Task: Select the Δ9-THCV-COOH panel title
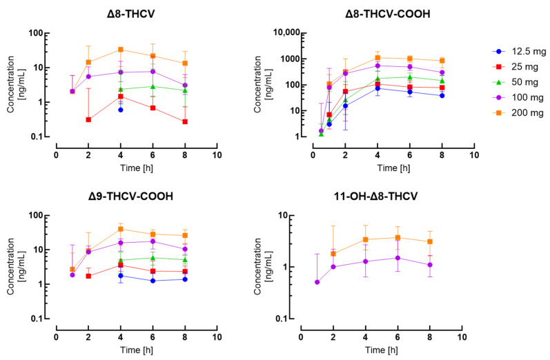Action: click(x=135, y=197)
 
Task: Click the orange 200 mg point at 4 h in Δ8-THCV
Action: click(x=121, y=50)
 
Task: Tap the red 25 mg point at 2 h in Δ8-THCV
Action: click(x=88, y=119)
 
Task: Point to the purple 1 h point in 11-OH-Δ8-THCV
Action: click(x=317, y=282)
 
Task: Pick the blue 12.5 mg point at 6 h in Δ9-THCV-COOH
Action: click(x=153, y=281)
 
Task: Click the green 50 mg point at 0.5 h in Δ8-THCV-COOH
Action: click(x=321, y=134)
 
